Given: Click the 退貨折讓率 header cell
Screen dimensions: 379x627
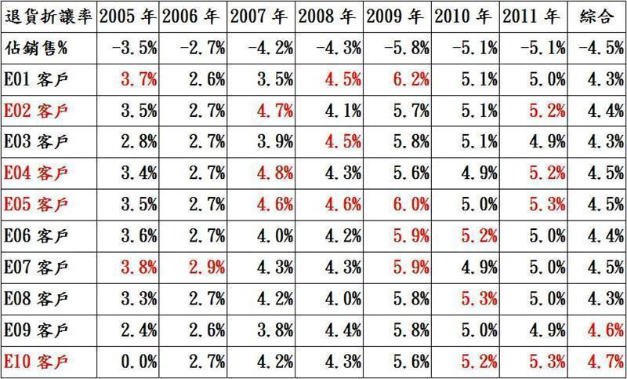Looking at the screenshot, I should [x=49, y=16].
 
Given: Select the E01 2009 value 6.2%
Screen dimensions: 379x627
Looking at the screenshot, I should [x=410, y=78].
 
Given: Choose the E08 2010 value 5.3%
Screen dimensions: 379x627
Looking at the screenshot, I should [x=477, y=298].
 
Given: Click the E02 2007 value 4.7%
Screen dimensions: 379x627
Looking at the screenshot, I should [x=275, y=109].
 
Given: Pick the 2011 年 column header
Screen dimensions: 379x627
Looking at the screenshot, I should [x=533, y=16].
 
